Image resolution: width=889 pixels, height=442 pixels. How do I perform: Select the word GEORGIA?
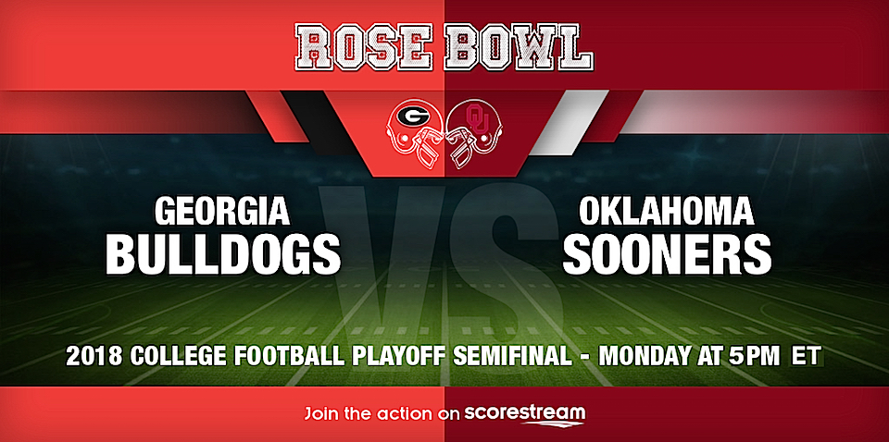coord(223,212)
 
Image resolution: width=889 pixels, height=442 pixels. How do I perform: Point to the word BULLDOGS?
coord(223,253)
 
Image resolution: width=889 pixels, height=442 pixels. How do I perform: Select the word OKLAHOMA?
coord(666,212)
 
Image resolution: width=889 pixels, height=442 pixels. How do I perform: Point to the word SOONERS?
coord(666,253)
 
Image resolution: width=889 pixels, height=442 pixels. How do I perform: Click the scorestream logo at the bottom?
coord(524,413)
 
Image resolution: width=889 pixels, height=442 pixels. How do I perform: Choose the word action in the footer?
coord(404,413)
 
